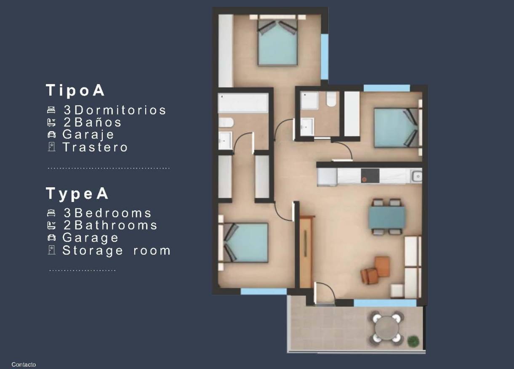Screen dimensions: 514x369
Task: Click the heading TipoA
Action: (x=75, y=90)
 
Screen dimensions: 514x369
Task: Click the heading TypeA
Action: (x=77, y=194)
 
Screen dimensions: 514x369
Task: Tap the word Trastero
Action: (x=95, y=147)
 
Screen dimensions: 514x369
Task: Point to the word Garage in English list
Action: (x=91, y=238)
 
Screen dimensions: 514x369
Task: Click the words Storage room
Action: (x=117, y=251)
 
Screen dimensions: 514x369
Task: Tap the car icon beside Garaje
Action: (x=51, y=135)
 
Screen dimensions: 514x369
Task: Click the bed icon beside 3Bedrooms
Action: (x=51, y=213)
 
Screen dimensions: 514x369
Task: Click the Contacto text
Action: (x=24, y=365)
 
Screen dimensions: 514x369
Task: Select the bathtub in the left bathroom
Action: (x=242, y=103)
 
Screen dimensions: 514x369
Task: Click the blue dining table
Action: (x=387, y=217)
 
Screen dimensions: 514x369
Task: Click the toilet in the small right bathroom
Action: (x=332, y=99)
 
